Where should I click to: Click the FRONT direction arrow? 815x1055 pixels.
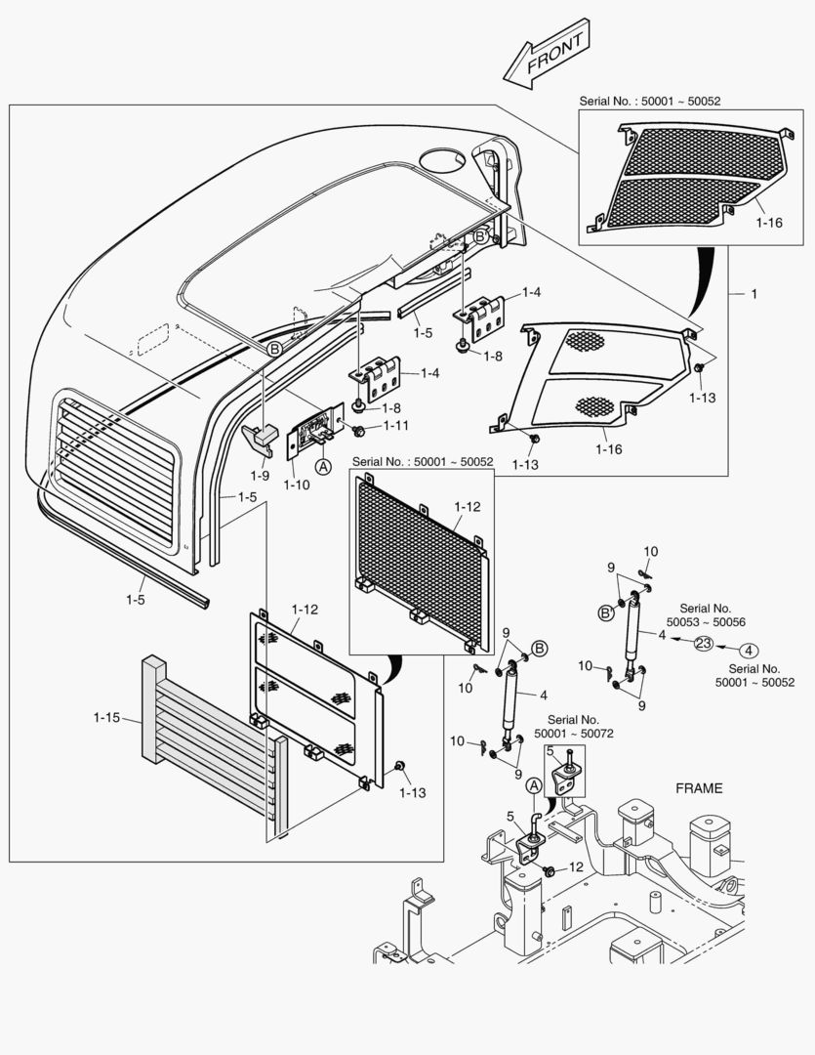click(548, 54)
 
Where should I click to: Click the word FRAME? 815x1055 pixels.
click(699, 788)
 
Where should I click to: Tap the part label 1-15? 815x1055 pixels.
click(107, 718)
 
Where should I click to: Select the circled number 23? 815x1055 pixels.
click(703, 644)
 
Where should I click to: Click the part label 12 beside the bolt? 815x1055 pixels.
click(576, 867)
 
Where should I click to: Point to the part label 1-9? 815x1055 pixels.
click(260, 476)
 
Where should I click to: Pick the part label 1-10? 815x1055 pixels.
click(297, 485)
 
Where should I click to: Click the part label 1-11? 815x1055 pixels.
click(396, 426)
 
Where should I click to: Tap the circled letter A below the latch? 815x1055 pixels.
click(323, 466)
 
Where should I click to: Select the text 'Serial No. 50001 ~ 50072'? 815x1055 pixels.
click(574, 727)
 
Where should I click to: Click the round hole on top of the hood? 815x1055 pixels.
click(442, 160)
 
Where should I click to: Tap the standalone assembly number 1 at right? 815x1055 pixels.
click(754, 294)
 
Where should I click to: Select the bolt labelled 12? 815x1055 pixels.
click(549, 871)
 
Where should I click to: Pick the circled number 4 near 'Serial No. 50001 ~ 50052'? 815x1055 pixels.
click(749, 651)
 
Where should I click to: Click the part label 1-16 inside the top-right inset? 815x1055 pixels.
click(769, 223)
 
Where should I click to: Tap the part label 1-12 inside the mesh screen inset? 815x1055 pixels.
click(468, 507)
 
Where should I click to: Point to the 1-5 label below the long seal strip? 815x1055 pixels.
click(135, 600)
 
